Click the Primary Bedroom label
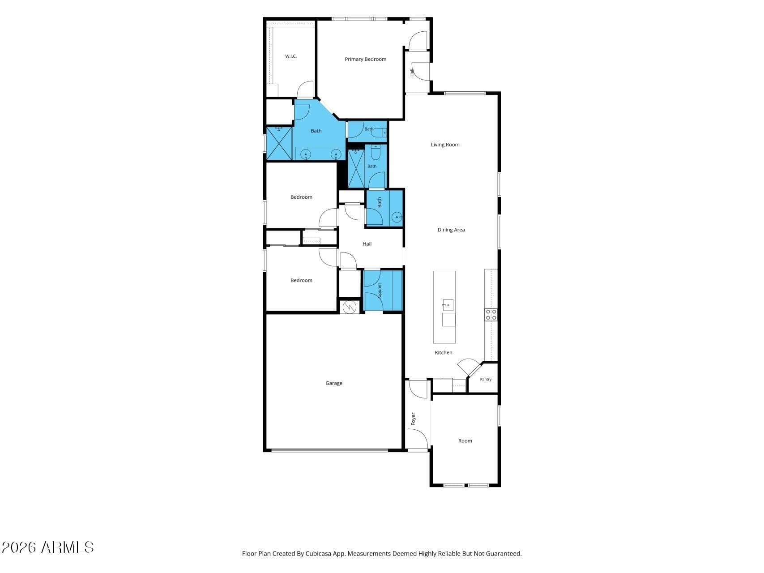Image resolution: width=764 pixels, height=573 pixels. (365, 59)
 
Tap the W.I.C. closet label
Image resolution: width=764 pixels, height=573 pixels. (291, 56)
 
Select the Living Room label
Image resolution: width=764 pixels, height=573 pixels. (445, 145)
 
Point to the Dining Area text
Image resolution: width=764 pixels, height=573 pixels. (451, 230)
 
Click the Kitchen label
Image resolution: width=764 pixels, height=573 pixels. (444, 353)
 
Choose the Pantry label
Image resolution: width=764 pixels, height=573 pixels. (486, 379)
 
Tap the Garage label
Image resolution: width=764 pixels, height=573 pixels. (334, 383)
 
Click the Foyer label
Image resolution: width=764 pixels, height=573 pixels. (413, 419)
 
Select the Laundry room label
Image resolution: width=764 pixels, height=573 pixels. (380, 291)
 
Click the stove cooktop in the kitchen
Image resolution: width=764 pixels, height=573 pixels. (491, 314)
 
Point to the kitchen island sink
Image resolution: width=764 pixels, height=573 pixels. (448, 305)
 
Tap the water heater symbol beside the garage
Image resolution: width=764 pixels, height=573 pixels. (349, 307)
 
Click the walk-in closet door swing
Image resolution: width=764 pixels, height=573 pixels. (306, 89)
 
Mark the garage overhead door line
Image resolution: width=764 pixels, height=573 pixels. (330, 450)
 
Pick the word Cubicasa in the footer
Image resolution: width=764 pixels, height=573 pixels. (318, 554)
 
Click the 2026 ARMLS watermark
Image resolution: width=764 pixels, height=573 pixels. (48, 547)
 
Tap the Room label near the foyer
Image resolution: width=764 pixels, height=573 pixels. (465, 441)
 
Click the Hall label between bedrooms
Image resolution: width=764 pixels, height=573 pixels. (367, 244)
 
